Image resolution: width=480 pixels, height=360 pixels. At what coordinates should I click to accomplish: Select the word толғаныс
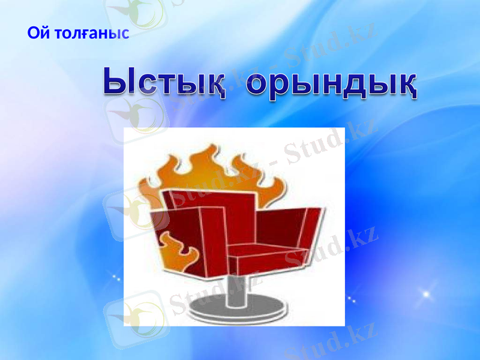(x=92, y=33)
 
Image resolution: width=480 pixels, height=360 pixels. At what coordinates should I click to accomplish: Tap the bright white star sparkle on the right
(x=427, y=295)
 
